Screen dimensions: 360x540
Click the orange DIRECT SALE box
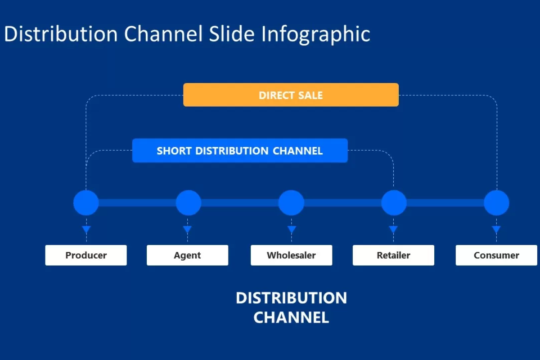(291, 95)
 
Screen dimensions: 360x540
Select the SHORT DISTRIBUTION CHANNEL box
(240, 150)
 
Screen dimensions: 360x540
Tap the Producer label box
(86, 255)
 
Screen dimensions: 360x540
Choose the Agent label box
(187, 255)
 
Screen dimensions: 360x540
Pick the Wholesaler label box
(291, 255)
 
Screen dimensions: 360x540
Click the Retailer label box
(393, 255)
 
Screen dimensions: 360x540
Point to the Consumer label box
(496, 255)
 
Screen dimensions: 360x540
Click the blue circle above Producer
(86, 202)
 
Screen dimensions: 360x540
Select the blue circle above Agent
(188, 202)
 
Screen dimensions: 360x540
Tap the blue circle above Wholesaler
(291, 202)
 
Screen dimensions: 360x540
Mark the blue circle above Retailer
(394, 202)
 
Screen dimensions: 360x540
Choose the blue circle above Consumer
(496, 202)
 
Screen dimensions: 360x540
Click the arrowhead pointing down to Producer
(86, 229)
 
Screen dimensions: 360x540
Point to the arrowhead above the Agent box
(187, 229)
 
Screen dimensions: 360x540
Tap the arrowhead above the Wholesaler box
(292, 229)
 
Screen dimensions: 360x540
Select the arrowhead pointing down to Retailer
(393, 229)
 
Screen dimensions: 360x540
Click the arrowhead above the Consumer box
(496, 229)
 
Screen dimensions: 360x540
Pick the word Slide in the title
(231, 34)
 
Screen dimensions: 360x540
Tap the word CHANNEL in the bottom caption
(291, 317)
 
